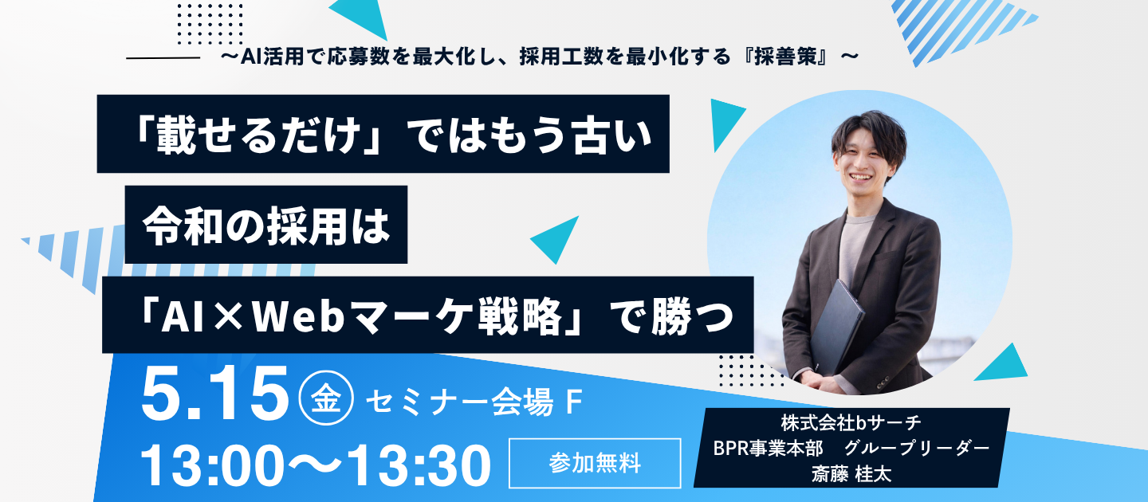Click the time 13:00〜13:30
(x=316, y=465)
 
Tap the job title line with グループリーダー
(x=851, y=448)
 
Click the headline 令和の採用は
(x=266, y=226)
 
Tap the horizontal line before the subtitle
(x=163, y=58)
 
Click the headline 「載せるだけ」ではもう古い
(x=383, y=135)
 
